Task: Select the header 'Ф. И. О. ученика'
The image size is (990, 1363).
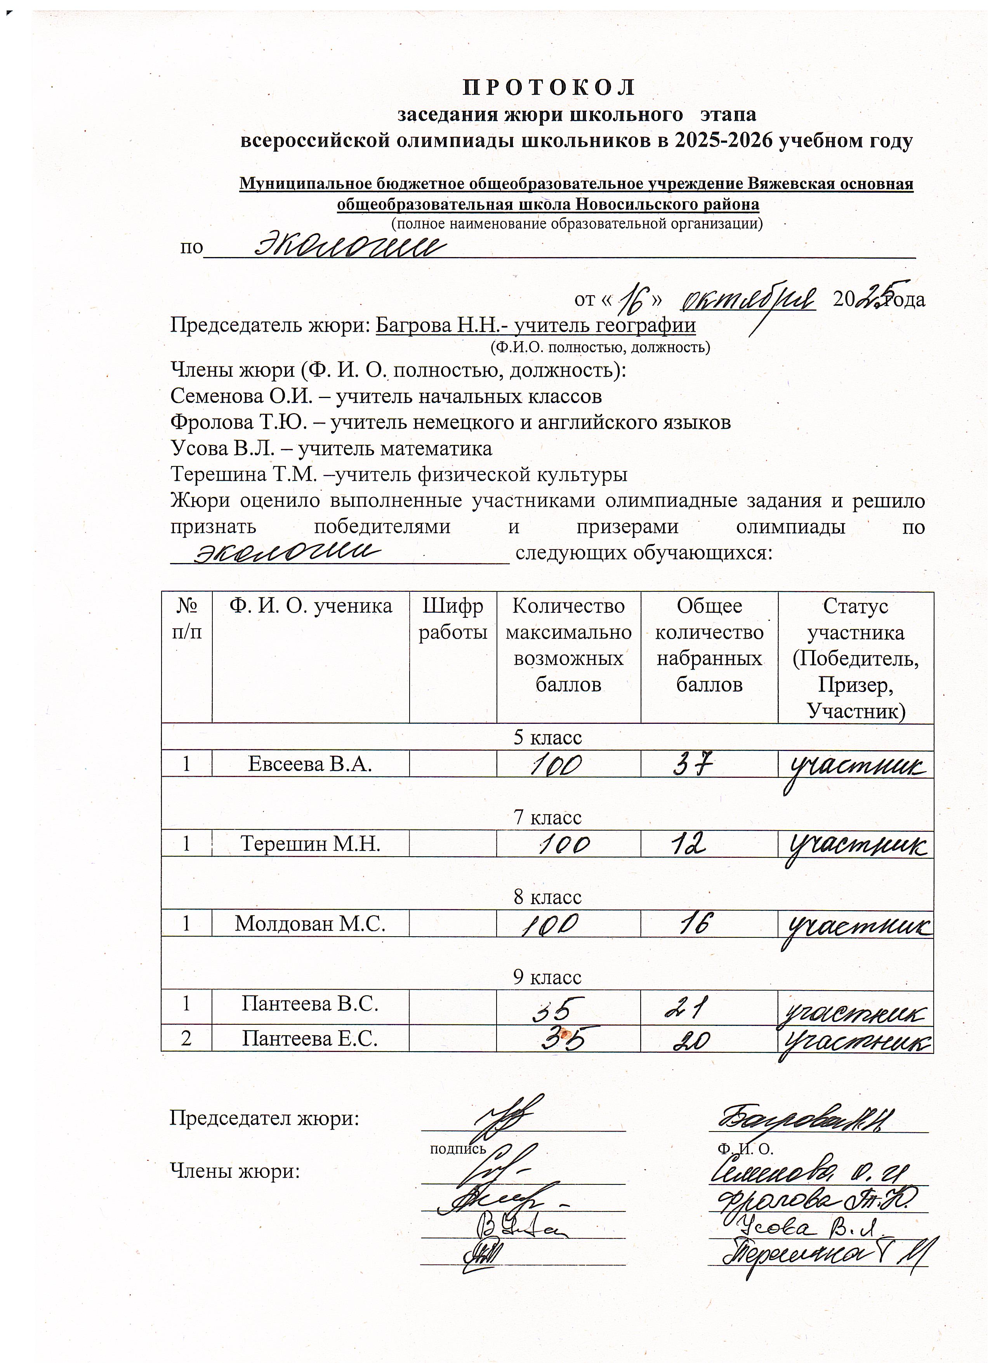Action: (x=311, y=606)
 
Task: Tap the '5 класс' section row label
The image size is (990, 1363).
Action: (x=547, y=737)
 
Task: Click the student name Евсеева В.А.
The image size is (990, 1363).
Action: (x=310, y=764)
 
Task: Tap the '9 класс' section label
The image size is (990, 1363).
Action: (x=547, y=977)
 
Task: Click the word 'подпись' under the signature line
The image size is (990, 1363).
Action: (x=458, y=1149)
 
